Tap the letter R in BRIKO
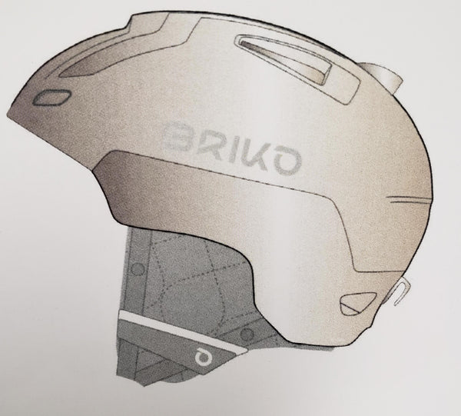pyautogui.click(x=208, y=144)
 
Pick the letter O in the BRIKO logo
pyautogui.click(x=286, y=161)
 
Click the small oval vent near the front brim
pyautogui.click(x=51, y=97)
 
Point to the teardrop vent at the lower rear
pyautogui.click(x=357, y=303)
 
